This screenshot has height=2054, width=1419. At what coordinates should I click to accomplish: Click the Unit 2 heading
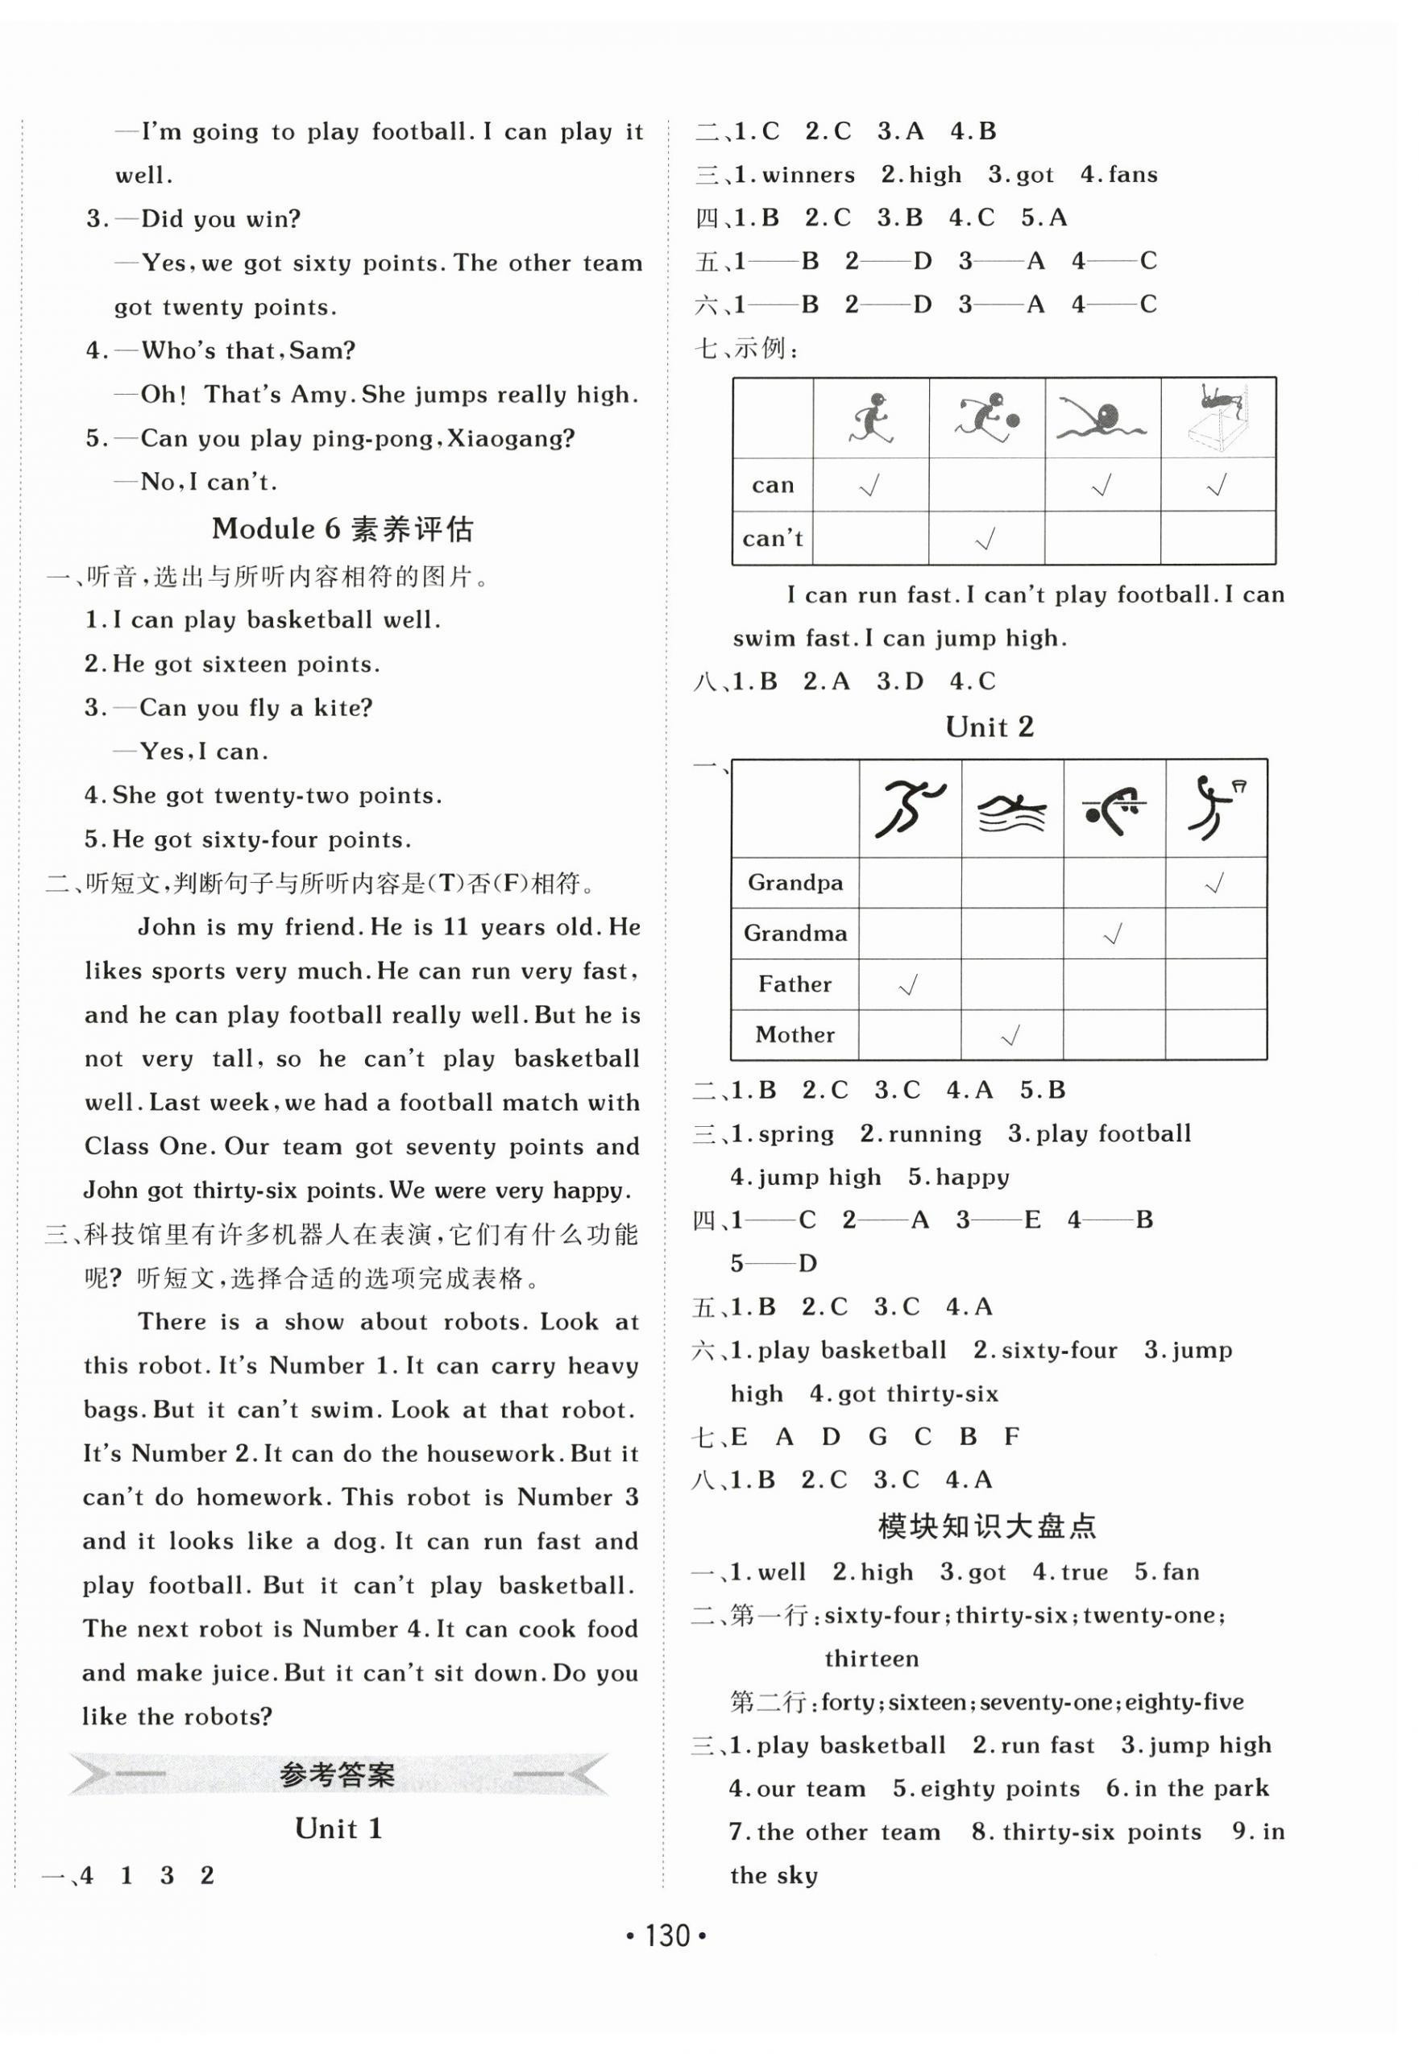pyautogui.click(x=989, y=727)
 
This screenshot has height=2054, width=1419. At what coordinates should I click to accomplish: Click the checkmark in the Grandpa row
pyautogui.click(x=1214, y=883)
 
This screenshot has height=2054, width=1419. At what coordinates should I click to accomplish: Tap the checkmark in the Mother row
pyautogui.click(x=1011, y=1034)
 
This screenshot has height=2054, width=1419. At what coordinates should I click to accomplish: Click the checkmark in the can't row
pyautogui.click(x=985, y=539)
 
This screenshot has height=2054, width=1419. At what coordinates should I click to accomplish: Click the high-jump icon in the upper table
pyautogui.click(x=1218, y=418)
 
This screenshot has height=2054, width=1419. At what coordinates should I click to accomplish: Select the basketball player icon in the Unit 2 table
pyautogui.click(x=1214, y=808)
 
